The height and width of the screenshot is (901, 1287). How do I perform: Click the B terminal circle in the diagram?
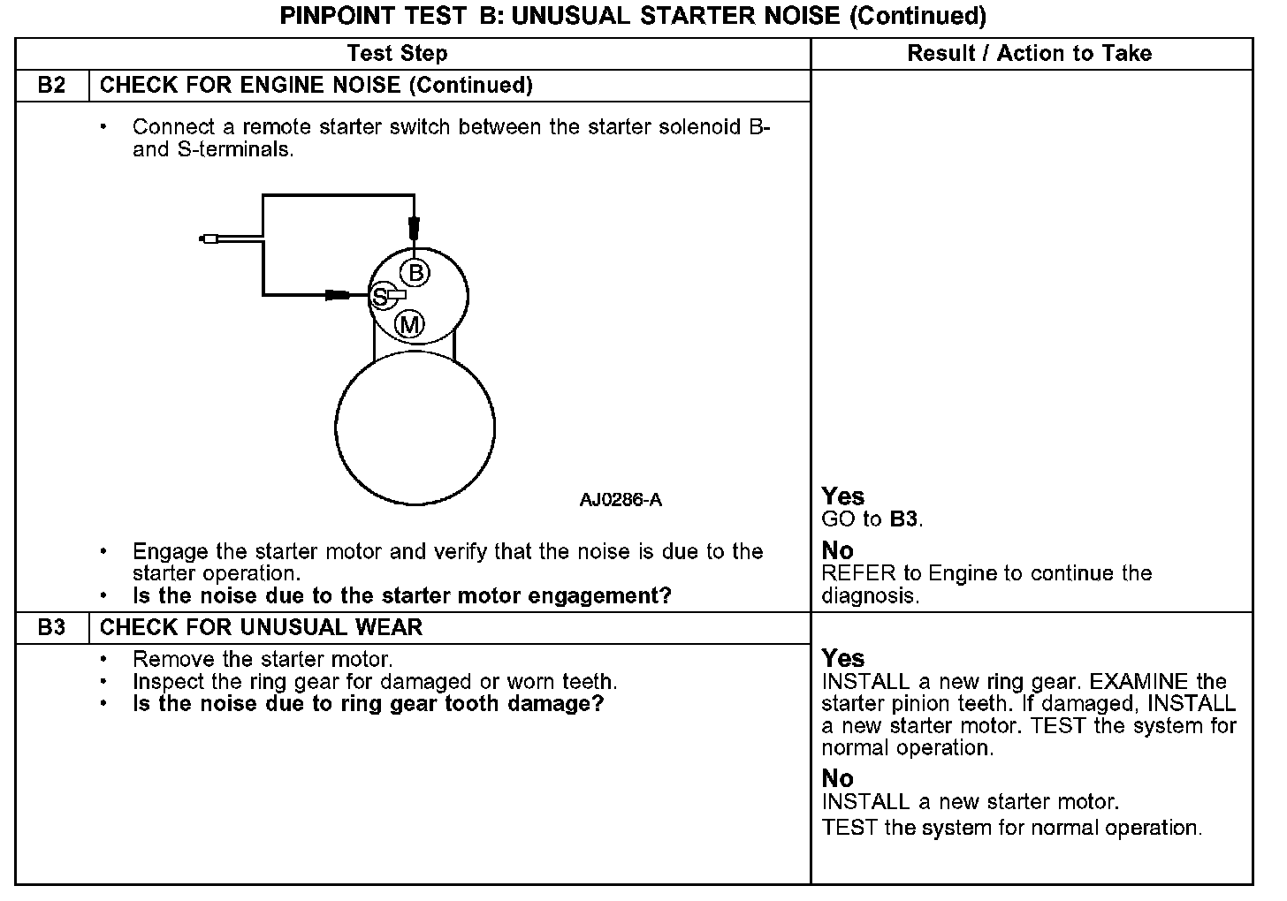click(415, 272)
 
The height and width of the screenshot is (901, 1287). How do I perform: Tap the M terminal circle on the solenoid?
click(409, 325)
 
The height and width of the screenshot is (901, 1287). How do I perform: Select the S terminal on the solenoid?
click(380, 297)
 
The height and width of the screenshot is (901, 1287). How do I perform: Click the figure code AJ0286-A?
click(621, 500)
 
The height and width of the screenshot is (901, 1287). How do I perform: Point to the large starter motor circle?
click(415, 429)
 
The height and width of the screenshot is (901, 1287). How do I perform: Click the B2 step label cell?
click(52, 86)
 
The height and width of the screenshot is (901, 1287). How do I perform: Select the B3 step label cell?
click(52, 628)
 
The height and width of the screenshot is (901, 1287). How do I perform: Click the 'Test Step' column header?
click(397, 54)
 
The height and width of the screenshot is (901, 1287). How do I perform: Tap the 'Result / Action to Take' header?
click(1029, 54)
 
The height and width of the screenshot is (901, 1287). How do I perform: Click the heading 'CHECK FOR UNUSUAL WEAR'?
click(262, 628)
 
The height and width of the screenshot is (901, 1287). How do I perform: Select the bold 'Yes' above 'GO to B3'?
click(842, 496)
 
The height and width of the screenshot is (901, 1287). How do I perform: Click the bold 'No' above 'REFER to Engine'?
click(837, 551)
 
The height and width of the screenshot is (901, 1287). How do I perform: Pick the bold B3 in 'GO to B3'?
click(903, 519)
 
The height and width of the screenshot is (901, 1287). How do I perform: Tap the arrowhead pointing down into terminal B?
click(414, 229)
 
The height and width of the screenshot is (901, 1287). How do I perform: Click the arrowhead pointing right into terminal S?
click(339, 295)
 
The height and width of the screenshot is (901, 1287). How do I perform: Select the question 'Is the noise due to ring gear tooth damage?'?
click(368, 704)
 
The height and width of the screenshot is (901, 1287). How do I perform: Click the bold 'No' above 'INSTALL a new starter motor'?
click(837, 778)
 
